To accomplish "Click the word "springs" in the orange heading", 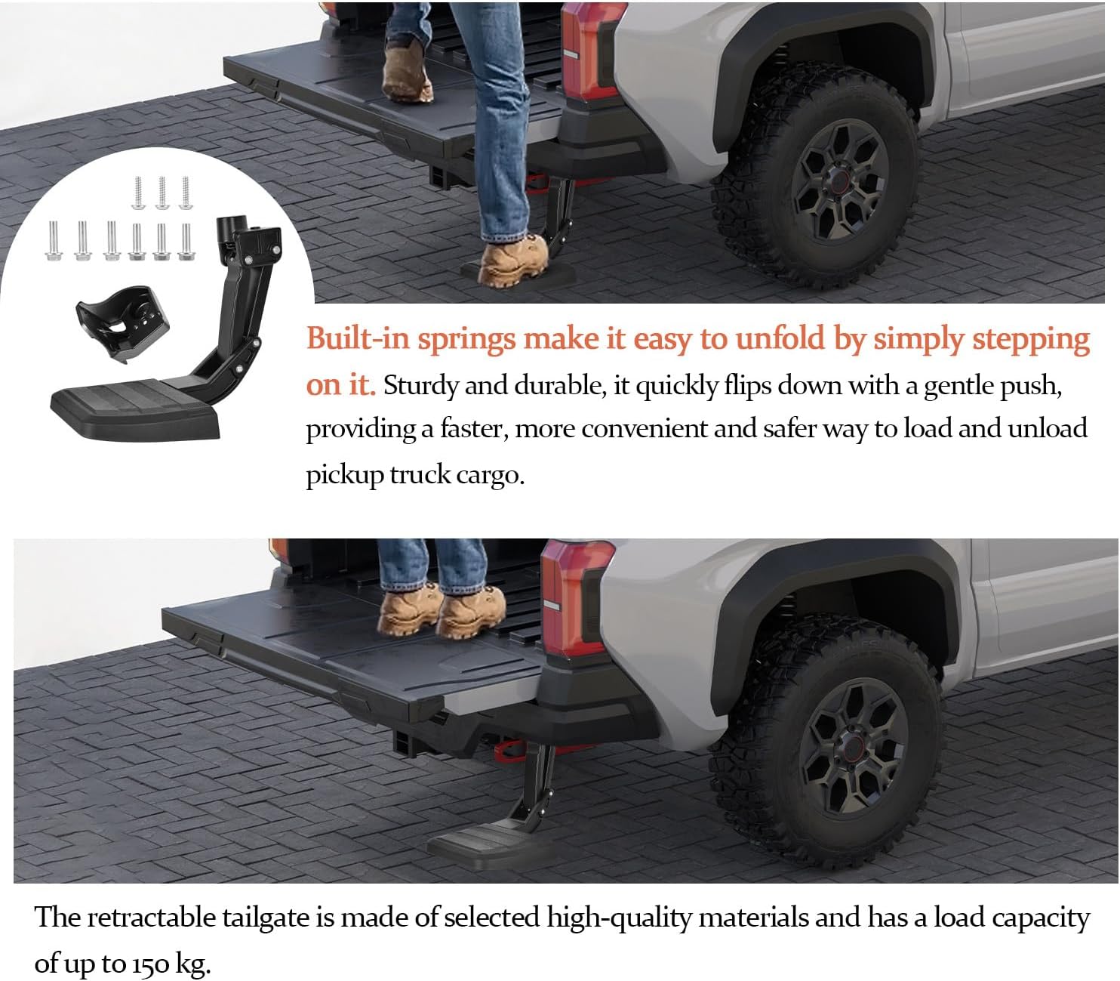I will (466, 340).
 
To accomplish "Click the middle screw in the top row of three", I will (162, 193).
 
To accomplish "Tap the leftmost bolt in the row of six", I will (55, 240).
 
